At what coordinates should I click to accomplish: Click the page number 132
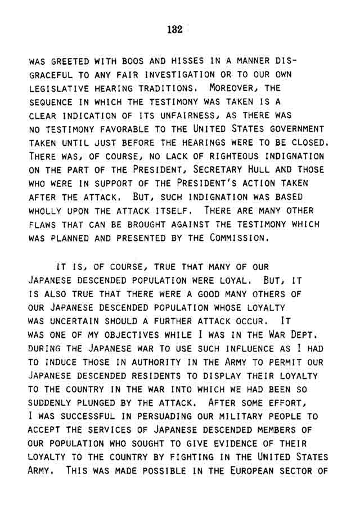175,30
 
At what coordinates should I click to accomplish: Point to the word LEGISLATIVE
55,89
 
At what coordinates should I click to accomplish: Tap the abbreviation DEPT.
310,336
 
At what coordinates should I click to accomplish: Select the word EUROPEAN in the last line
259,471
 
